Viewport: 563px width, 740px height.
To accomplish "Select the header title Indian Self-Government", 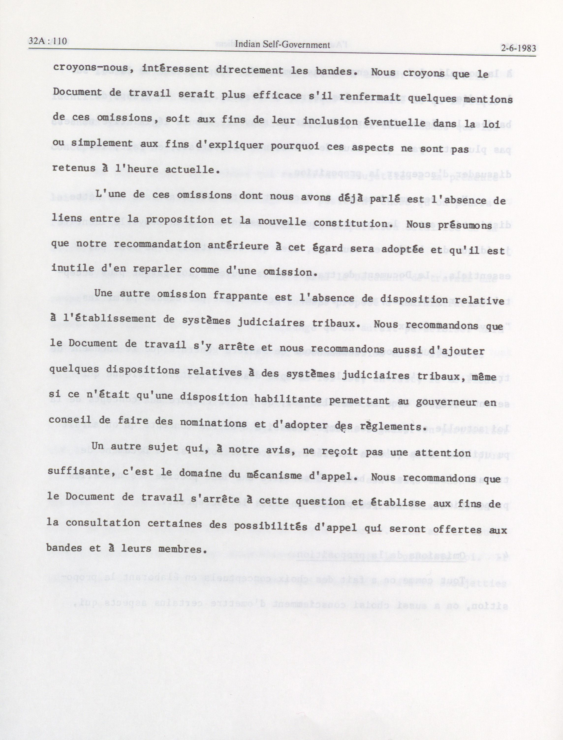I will point(282,45).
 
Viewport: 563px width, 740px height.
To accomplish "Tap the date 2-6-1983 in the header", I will point(518,48).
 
